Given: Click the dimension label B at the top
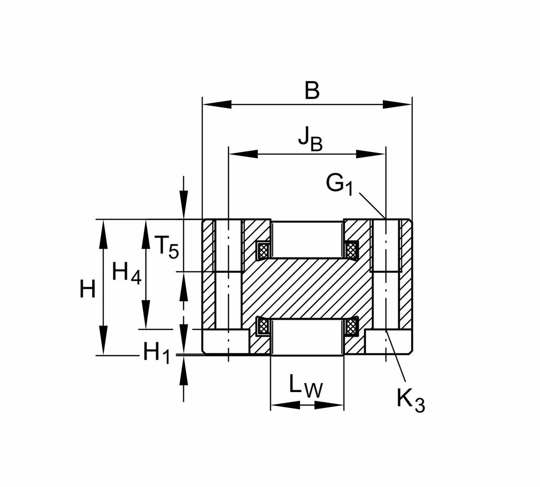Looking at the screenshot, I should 312,90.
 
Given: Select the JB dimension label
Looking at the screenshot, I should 310,139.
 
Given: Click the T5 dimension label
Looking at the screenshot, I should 166,247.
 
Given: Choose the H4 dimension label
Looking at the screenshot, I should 126,273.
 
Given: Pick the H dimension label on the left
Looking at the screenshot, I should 87,289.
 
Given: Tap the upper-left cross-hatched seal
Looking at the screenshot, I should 263,249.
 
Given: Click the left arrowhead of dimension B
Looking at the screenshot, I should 216,105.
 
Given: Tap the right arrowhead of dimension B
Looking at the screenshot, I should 397,105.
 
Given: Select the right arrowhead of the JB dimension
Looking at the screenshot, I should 371,154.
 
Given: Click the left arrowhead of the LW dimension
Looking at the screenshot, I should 285,405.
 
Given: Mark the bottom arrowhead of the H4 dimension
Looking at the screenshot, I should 146,315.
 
